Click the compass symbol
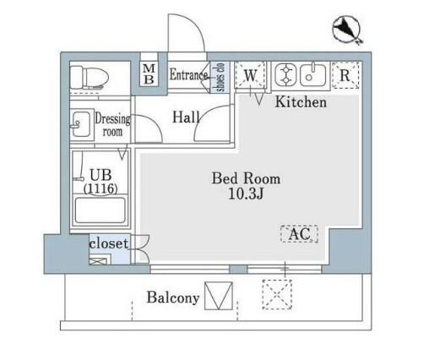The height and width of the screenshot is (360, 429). (x=347, y=30)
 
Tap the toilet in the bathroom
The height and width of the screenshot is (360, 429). (x=89, y=77)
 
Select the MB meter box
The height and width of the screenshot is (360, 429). (x=149, y=74)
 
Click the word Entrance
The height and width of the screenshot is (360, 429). (x=188, y=75)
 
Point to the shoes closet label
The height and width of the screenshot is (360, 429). (x=220, y=77)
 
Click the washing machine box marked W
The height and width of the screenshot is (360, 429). (x=250, y=75)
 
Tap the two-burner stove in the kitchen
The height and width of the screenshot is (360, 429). (x=285, y=75)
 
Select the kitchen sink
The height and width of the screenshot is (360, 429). (x=312, y=75)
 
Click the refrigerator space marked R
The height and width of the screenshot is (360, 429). (x=345, y=75)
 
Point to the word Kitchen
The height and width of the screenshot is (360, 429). (x=301, y=101)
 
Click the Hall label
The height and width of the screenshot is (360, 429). (x=186, y=117)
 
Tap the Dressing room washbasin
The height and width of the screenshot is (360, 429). (x=80, y=124)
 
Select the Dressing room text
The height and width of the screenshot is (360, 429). (x=112, y=125)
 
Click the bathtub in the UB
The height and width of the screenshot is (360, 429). (x=100, y=210)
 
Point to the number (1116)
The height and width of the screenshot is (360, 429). (x=100, y=188)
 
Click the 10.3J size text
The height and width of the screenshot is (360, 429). (x=246, y=194)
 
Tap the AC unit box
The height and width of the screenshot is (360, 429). (x=300, y=234)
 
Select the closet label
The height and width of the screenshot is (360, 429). (x=109, y=243)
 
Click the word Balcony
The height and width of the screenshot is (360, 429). (x=173, y=297)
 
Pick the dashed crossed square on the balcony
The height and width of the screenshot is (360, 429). (x=277, y=294)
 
